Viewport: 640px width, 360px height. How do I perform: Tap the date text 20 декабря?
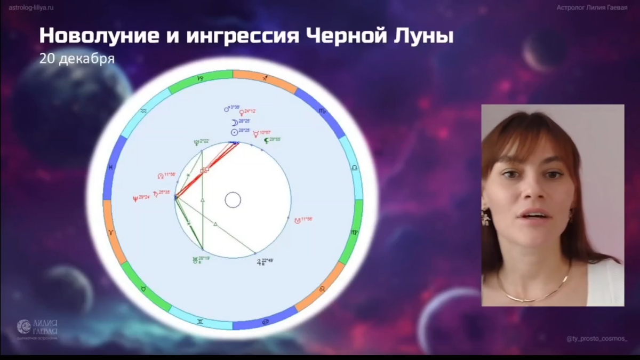[x=76, y=58]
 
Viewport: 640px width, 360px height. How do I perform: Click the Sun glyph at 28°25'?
[x=234, y=131]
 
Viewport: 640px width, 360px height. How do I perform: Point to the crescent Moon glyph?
[x=234, y=122]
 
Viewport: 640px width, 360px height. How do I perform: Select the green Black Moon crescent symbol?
[x=266, y=140]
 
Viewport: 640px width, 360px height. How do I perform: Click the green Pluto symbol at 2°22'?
[x=196, y=141]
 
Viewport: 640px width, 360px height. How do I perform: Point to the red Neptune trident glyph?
[x=134, y=197]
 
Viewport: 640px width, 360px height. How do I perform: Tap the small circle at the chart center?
[x=233, y=200]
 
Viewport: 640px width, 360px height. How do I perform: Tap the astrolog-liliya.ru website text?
[x=31, y=8]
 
